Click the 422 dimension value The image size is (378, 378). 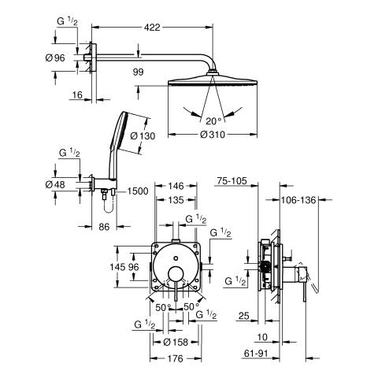click(152, 28)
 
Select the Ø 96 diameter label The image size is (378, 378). click(55, 57)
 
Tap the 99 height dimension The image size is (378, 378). click(138, 72)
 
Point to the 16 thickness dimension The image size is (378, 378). click(77, 94)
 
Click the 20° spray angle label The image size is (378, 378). click(213, 121)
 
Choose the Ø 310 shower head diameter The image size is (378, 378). click(213, 135)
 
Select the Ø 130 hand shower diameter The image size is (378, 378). click(143, 136)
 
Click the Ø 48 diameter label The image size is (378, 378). click(55, 185)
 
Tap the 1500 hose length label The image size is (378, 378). click(138, 191)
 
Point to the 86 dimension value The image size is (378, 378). click(104, 227)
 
